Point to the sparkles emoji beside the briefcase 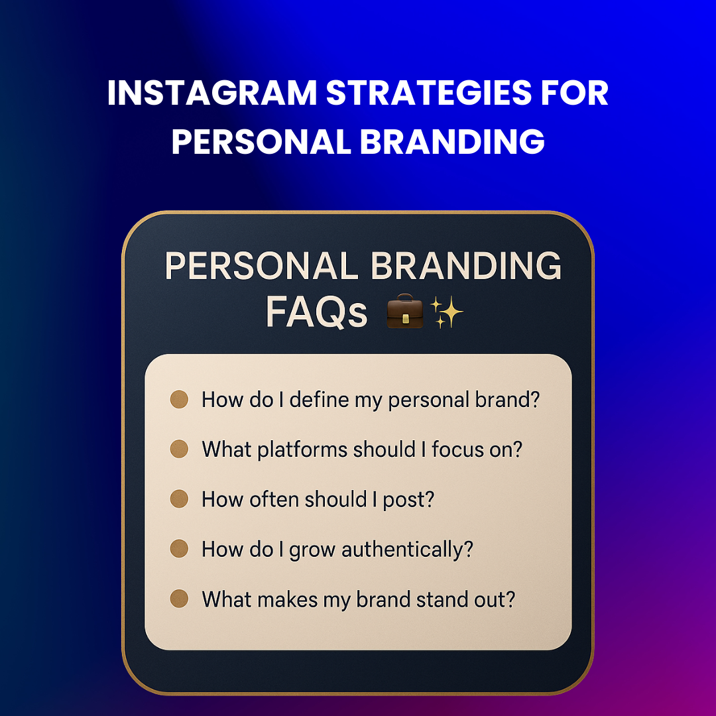[x=446, y=313]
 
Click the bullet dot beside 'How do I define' [x=179, y=400]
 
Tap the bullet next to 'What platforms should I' [x=179, y=449]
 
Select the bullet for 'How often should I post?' [x=179, y=499]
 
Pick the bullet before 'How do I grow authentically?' [x=179, y=549]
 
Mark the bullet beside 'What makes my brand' [x=179, y=599]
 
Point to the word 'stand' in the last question [x=443, y=599]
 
